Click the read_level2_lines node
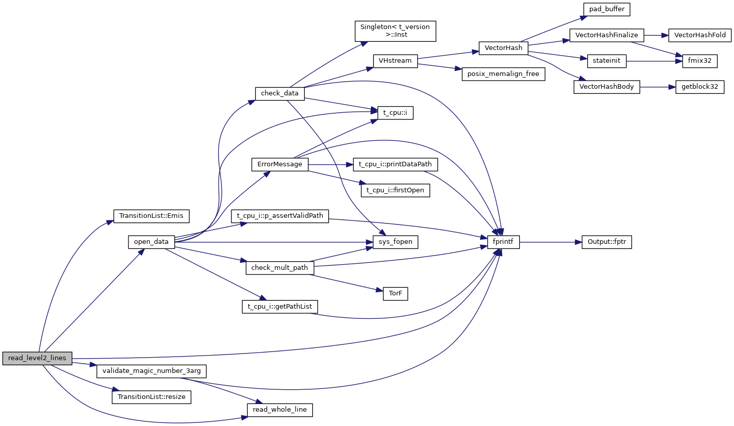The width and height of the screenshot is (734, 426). click(x=37, y=358)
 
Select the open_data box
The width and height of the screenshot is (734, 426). click(x=151, y=241)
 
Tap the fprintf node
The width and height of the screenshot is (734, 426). click(x=504, y=242)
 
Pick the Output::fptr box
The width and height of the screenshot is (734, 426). click(x=607, y=242)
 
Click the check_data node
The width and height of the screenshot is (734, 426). click(x=279, y=93)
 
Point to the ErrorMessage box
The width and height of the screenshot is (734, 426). click(x=280, y=164)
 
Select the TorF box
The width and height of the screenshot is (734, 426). click(x=395, y=294)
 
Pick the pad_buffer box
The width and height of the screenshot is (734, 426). click(x=607, y=10)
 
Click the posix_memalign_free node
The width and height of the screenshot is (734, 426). click(x=504, y=74)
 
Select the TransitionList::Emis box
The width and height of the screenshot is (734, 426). click(x=151, y=216)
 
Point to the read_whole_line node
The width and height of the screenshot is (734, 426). click(x=279, y=410)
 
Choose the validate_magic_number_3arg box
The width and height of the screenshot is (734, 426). click(x=151, y=371)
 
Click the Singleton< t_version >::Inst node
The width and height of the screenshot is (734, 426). click(x=395, y=31)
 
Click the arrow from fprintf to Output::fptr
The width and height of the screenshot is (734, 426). click(x=550, y=242)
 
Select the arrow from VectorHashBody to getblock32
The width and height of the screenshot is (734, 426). click(x=658, y=87)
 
